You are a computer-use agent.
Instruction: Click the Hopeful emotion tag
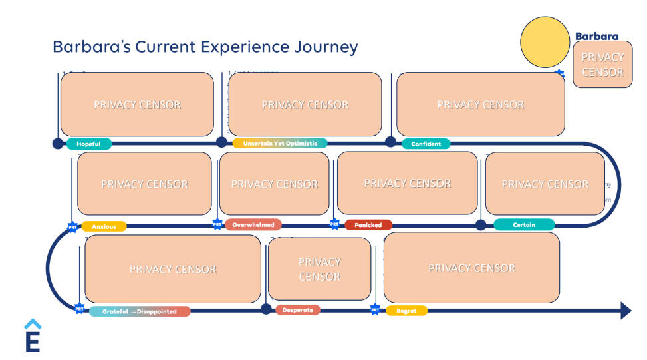[88, 144]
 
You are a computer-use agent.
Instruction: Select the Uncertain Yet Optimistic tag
[280, 143]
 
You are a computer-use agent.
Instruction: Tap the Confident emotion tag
[426, 144]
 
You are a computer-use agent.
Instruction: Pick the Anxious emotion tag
[104, 226]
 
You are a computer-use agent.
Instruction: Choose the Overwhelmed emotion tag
[253, 224]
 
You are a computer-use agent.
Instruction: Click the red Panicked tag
[368, 225]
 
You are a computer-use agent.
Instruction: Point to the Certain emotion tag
[524, 224]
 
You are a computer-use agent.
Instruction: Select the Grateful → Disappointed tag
[140, 311]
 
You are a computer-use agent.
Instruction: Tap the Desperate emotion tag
[297, 310]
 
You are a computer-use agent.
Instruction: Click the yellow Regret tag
[406, 311]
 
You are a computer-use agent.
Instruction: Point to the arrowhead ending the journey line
[625, 310]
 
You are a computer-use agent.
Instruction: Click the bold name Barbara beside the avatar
[596, 37]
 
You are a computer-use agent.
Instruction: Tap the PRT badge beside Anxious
[72, 227]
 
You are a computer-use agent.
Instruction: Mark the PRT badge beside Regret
[375, 309]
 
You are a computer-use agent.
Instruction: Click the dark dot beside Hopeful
[58, 143]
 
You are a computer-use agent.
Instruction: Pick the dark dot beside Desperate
[266, 309]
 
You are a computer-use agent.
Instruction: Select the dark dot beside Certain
[481, 225]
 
